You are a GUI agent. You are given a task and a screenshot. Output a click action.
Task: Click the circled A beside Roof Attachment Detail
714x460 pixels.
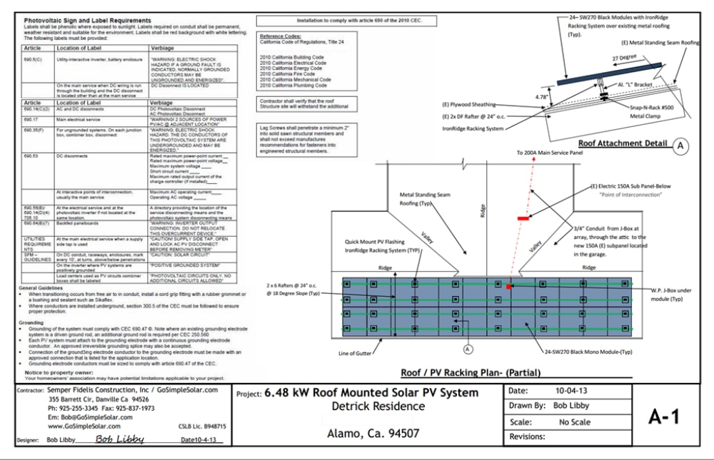(680, 145)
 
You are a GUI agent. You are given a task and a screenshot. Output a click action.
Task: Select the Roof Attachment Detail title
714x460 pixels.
(623, 143)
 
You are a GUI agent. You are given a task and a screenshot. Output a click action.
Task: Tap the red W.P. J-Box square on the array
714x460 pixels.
(509, 286)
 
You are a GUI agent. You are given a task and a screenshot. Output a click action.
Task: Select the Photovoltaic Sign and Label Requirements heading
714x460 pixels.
(87, 21)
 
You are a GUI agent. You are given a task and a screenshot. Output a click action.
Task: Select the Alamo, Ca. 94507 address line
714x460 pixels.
(372, 433)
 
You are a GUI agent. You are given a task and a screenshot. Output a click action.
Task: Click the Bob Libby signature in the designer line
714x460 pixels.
(116, 439)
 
